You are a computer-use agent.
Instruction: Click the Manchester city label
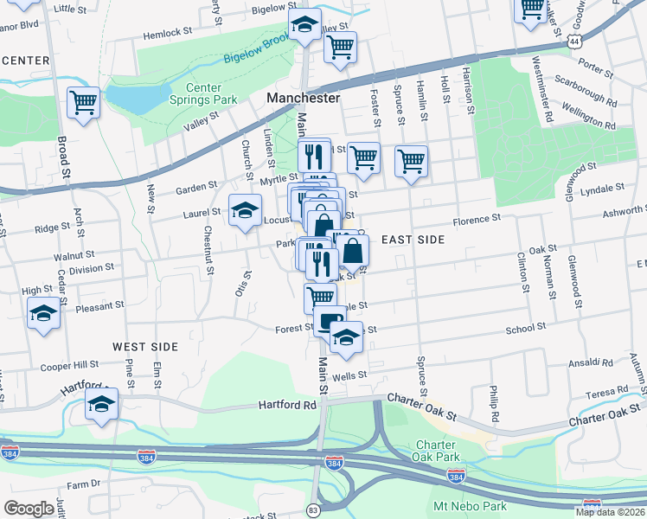303,99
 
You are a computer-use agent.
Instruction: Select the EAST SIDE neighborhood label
413,240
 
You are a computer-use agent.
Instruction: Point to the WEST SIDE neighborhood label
145,347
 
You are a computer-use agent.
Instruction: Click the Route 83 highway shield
313,512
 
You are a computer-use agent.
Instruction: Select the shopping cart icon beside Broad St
84,103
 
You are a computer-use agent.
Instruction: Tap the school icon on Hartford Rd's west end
102,405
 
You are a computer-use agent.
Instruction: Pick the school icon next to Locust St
245,210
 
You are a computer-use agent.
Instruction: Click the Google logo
29,509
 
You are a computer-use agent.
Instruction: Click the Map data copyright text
610,512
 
